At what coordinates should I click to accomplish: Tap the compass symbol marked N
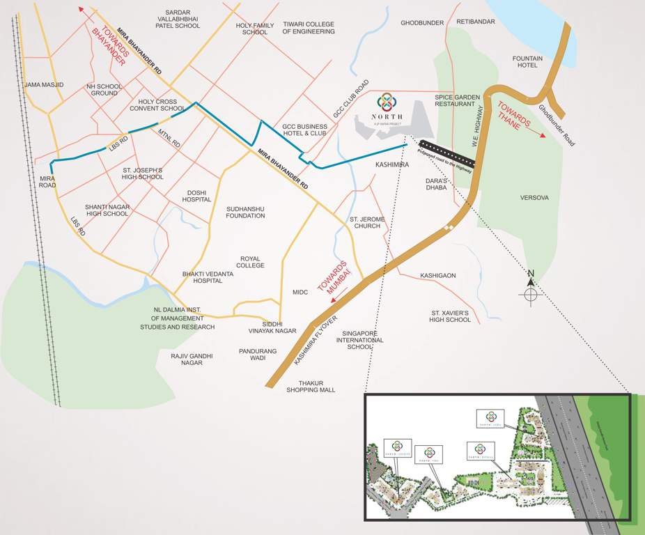[x=531, y=293]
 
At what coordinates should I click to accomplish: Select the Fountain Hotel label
[x=525, y=61]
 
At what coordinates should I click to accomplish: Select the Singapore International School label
[x=360, y=340]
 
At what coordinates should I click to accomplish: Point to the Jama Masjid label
[x=44, y=85]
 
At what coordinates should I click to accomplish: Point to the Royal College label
[x=251, y=261]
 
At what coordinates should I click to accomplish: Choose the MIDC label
[x=300, y=293]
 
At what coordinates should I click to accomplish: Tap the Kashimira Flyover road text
[x=315, y=341]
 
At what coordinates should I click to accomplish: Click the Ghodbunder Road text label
[x=557, y=125]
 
